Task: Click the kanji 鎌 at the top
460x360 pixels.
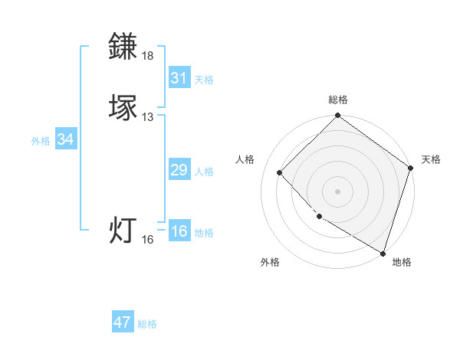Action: (123, 46)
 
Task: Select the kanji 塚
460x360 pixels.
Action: (123, 107)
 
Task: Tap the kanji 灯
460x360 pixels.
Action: (123, 231)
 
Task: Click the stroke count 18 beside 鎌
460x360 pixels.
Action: (147, 56)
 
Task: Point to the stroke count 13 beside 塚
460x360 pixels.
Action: (147, 117)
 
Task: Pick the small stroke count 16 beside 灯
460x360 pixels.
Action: (147, 240)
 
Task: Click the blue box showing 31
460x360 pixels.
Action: (179, 78)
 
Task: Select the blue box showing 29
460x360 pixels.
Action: (179, 170)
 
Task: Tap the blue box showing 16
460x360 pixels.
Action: (179, 231)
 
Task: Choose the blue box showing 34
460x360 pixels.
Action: (65, 139)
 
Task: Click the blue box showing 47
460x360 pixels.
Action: (123, 322)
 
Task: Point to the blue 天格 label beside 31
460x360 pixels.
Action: (204, 80)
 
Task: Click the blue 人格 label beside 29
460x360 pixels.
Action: (204, 172)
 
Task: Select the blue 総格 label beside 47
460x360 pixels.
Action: (147, 324)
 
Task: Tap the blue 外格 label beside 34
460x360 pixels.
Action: (41, 141)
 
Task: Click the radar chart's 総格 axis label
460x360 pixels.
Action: (337, 100)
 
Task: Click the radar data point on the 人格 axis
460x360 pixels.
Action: (279, 172)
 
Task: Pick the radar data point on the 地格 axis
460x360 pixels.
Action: (383, 252)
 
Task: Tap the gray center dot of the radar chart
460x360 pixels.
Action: (337, 191)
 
